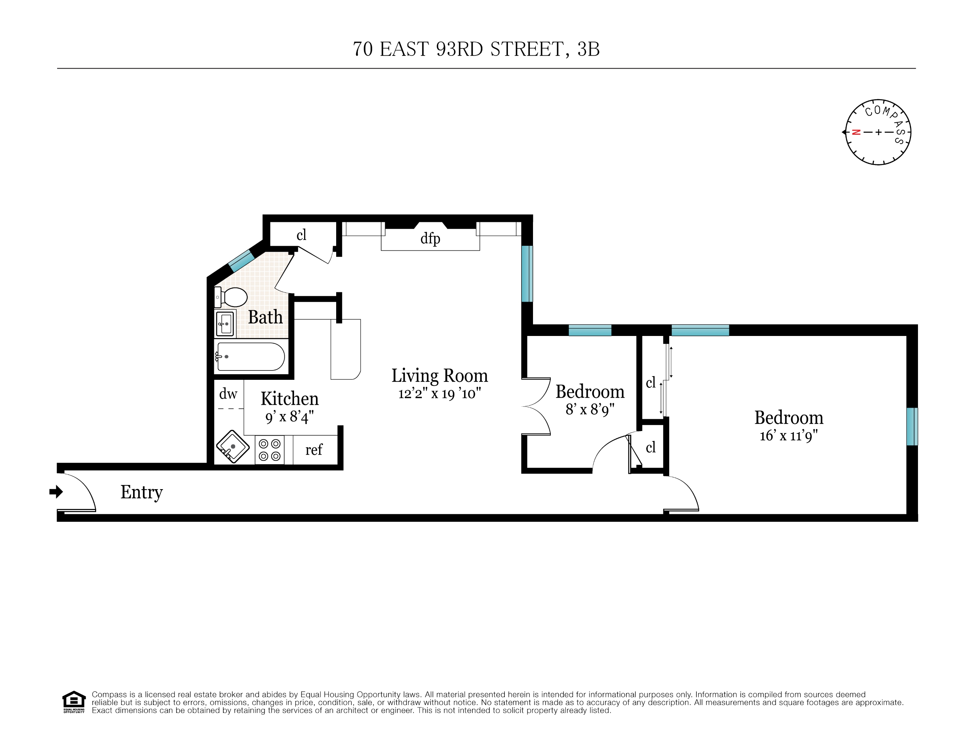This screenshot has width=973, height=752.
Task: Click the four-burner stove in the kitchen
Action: tap(270, 450)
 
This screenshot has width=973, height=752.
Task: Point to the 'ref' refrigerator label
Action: tap(314, 450)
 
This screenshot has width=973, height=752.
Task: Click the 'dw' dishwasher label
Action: tap(228, 394)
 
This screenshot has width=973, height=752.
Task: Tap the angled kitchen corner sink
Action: tap(233, 447)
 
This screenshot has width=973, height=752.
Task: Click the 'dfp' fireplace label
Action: tap(430, 238)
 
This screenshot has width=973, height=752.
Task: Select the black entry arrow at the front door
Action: tap(56, 492)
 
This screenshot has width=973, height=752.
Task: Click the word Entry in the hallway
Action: tap(142, 492)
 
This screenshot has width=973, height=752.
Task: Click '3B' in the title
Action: tap(588, 49)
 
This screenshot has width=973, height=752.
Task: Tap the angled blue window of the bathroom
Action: tap(241, 261)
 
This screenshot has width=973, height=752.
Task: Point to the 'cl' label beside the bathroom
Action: tap(302, 235)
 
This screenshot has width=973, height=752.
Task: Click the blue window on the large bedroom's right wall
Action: tap(912, 426)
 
